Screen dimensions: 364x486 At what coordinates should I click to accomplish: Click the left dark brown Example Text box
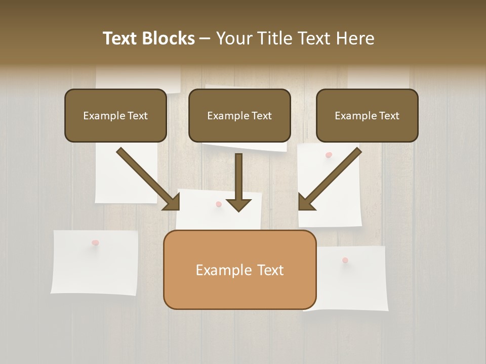click(115, 115)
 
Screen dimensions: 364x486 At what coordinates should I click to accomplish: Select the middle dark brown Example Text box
click(239, 115)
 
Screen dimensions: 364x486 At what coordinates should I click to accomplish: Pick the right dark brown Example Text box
click(367, 115)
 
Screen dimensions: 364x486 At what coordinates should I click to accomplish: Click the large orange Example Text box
click(239, 270)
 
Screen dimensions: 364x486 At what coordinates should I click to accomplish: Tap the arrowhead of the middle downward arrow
click(239, 205)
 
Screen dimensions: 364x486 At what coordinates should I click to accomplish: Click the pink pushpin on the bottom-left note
click(95, 243)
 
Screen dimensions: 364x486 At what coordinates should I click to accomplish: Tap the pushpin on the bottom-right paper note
click(345, 260)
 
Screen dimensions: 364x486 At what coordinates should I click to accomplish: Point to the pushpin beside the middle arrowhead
click(219, 204)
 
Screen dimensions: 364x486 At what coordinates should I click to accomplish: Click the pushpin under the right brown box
click(329, 155)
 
